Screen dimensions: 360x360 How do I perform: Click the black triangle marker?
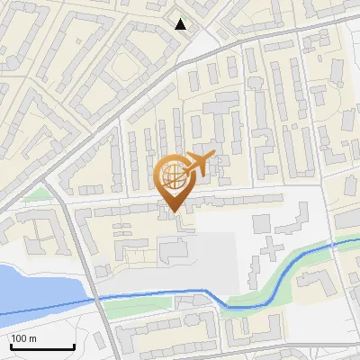(x=182, y=24)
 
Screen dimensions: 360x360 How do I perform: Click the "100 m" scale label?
(x=24, y=338)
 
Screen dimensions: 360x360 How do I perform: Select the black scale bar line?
(x=42, y=347)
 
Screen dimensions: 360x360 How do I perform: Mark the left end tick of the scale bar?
(x=11, y=346)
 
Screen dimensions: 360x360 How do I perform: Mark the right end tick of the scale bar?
(x=74, y=346)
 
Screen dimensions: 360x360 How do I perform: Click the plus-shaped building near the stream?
(x=269, y=246)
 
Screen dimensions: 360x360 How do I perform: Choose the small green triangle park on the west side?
(x=36, y=193)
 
